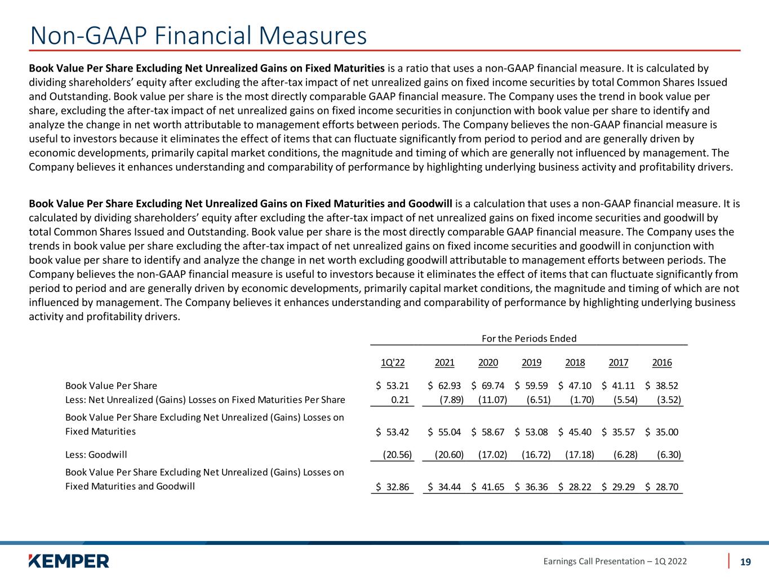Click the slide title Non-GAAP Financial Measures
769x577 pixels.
[x=198, y=35]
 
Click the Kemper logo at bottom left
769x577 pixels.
[x=69, y=561]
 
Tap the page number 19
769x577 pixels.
[x=745, y=561]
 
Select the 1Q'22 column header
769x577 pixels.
[x=393, y=363]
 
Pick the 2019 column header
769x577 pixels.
[x=531, y=363]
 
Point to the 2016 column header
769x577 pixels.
[x=662, y=363]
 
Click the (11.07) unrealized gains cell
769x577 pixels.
[x=493, y=400]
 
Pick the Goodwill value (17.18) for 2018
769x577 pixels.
[x=580, y=454]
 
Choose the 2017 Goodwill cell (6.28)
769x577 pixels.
[x=625, y=454]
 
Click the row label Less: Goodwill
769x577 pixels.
[x=96, y=454]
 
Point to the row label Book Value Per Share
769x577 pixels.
[x=112, y=386]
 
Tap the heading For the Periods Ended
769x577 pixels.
[x=529, y=339]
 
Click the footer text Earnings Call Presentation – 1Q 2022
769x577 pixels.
[x=615, y=561]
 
